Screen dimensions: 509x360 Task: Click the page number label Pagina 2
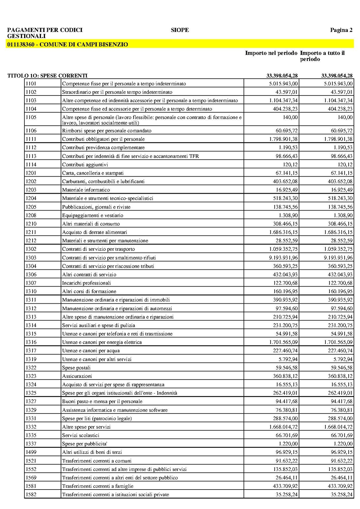(341, 30)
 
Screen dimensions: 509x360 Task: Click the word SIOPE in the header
(180, 30)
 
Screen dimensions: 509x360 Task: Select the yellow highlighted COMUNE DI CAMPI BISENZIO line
(67, 45)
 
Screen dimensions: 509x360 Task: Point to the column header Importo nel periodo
(271, 53)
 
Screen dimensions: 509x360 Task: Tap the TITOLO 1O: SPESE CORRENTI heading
(47, 76)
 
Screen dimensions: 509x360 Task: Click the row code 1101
(31, 84)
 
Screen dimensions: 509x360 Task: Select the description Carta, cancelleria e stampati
(93, 173)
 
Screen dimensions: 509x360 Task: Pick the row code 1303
(31, 258)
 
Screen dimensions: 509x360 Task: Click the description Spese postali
(76, 368)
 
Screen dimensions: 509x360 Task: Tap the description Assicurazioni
(77, 376)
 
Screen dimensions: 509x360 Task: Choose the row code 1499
(31, 452)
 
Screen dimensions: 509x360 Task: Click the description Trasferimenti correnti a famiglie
(98, 486)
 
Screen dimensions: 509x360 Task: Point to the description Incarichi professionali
(86, 283)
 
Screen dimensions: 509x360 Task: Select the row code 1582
(31, 494)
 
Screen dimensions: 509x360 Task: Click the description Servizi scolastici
(80, 435)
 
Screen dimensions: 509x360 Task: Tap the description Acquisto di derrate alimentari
(94, 232)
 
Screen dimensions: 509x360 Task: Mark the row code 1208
(31, 215)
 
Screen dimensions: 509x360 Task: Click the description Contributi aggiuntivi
(85, 165)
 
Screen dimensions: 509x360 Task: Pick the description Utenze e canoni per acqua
(91, 351)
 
